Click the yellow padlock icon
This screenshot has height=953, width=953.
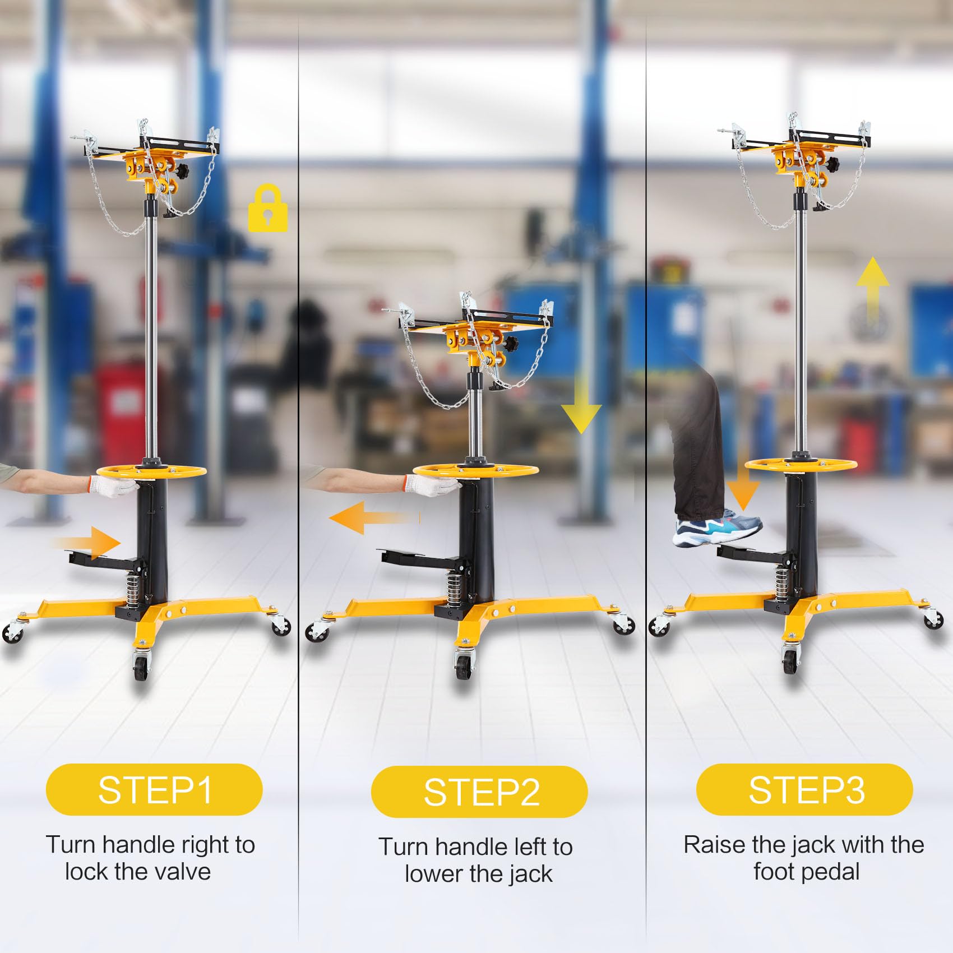point(268,208)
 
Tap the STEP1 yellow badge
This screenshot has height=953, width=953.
point(154,789)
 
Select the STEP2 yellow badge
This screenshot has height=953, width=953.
point(479,792)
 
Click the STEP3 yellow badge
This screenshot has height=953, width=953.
point(804,789)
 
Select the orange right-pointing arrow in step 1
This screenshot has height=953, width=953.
point(87,542)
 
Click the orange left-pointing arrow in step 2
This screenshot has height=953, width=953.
point(373,517)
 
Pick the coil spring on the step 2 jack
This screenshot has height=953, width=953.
point(455,585)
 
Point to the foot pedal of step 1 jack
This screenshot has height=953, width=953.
point(104,557)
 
